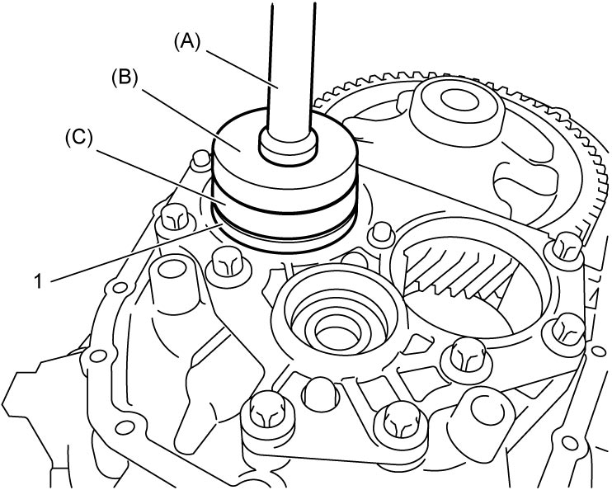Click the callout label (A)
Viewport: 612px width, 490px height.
[187, 41]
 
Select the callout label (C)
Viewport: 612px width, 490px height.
[79, 138]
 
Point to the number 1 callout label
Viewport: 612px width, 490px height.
[38, 281]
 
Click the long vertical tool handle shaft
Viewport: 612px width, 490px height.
[292, 66]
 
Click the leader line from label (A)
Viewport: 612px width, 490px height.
[241, 69]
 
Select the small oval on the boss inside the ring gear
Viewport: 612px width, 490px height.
[459, 100]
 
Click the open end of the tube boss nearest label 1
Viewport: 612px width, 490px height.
[170, 270]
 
